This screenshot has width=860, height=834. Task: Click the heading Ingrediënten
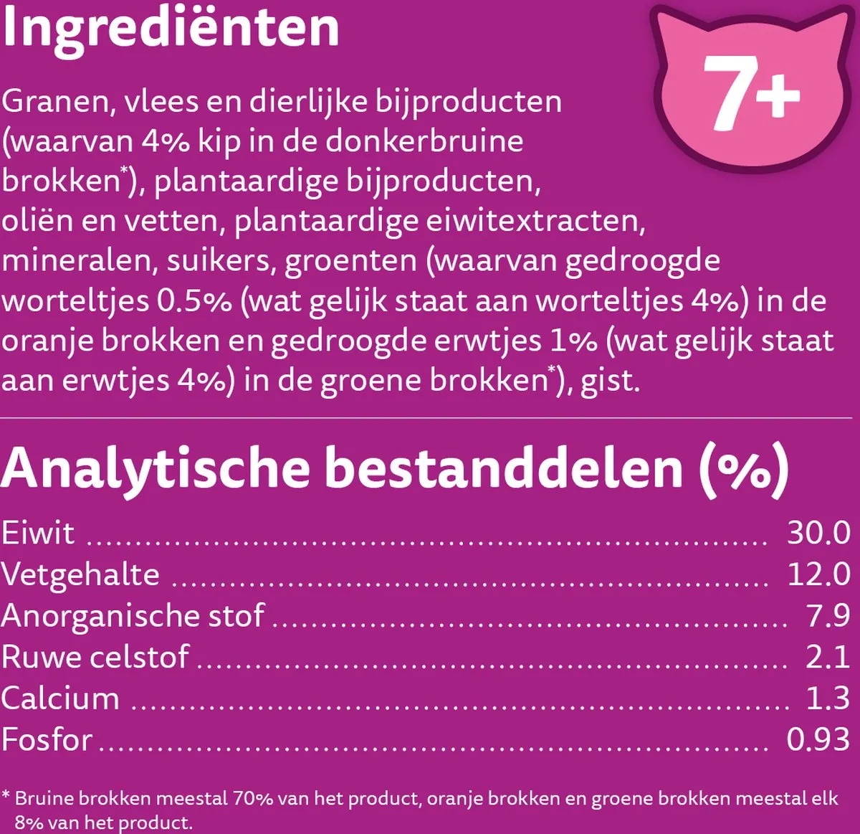pos(170,29)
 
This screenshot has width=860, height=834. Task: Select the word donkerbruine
pos(424,141)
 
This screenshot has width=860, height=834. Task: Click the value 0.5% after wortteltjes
pos(194,300)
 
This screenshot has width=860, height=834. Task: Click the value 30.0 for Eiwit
pos(818,533)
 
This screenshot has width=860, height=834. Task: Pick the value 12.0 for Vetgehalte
pos(818,574)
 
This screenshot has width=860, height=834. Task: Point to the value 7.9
pos(828,615)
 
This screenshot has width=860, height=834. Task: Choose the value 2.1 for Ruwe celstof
pos(828,657)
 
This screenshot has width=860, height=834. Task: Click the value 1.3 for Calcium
pos(828,698)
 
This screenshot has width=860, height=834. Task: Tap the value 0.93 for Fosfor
pos(818,739)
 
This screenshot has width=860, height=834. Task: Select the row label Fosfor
pos(47,739)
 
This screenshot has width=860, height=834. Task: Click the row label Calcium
pos(60,698)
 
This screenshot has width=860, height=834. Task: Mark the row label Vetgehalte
pos(80,574)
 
